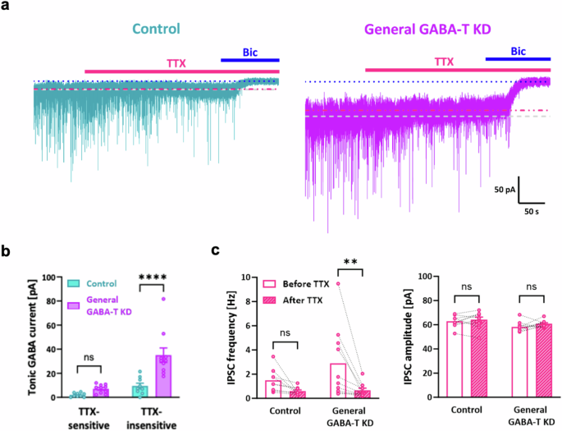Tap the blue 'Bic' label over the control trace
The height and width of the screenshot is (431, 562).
point(249,52)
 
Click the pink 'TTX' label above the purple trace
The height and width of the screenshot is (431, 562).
point(444,62)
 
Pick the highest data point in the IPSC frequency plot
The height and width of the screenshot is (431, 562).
point(337,283)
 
